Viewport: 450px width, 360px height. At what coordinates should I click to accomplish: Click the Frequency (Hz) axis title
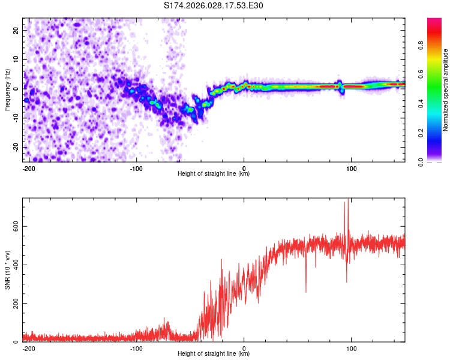[x=7, y=90]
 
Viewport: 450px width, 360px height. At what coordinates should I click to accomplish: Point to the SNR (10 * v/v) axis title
[x=7, y=270]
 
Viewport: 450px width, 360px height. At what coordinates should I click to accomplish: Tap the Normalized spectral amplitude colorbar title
[x=446, y=90]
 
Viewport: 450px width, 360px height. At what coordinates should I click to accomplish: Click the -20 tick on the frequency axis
[x=15, y=147]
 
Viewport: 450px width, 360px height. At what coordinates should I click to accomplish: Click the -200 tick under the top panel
[x=28, y=167]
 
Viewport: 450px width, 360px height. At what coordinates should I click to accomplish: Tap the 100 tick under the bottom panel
[x=352, y=347]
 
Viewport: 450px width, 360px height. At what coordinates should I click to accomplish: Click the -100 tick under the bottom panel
[x=136, y=347]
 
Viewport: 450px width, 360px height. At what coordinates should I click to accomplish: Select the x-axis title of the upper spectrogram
[x=214, y=174]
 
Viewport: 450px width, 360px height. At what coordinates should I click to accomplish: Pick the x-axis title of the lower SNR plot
[x=214, y=354]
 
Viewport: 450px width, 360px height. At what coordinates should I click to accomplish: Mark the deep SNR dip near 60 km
[x=306, y=291]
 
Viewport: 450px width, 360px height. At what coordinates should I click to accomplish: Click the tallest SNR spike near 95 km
[x=345, y=203]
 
